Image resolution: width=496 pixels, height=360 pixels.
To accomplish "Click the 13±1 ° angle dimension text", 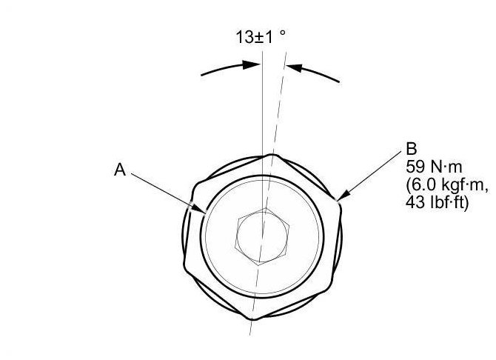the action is coord(261,37).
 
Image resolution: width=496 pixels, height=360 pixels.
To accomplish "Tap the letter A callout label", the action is coord(120,170).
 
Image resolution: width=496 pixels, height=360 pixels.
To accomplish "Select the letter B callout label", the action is coord(412,149).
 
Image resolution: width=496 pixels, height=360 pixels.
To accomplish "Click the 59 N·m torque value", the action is coord(434,167).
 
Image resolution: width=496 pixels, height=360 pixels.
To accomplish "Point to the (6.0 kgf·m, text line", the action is coord(446,185).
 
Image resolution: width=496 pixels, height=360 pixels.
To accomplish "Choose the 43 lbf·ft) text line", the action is coord(437,203).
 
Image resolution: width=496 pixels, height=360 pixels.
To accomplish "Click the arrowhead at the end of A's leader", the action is coord(199,209).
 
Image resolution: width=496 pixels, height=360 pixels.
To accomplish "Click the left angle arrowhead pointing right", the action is coord(251,65).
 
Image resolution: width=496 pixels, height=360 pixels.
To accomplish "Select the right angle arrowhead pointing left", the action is coord(295,67).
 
